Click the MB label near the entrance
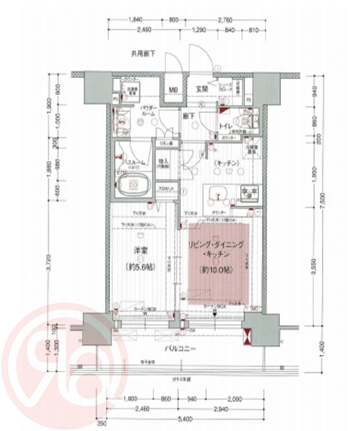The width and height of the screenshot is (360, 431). point(172,89)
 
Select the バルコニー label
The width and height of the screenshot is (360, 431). point(181,348)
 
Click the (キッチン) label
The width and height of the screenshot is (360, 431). point(224,163)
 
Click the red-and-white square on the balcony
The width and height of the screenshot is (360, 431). point(247,334)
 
